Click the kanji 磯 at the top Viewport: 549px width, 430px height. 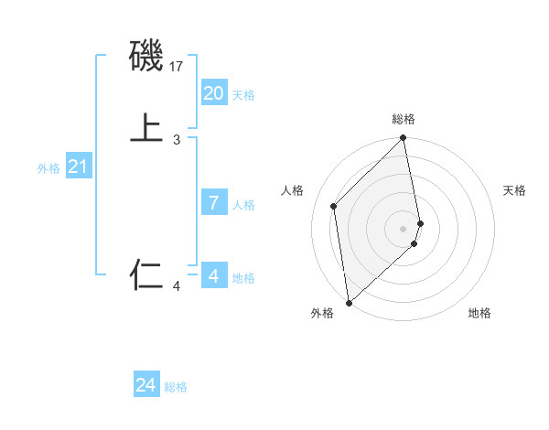[x=146, y=57]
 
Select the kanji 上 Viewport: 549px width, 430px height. [x=146, y=129]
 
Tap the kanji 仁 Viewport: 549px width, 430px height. [x=146, y=274]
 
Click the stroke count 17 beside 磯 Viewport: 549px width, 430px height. [x=178, y=67]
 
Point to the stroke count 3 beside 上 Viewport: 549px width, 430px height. [x=177, y=139]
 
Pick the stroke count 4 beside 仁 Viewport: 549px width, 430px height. [x=177, y=287]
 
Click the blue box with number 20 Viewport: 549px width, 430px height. [x=213, y=92]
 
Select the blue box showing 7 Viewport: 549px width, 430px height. [x=213, y=203]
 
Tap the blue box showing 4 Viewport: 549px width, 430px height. [x=213, y=275]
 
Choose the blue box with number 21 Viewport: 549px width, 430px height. [x=78, y=167]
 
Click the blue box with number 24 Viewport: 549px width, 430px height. [x=145, y=385]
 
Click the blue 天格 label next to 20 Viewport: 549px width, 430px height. [x=243, y=95]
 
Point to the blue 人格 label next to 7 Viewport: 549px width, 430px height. [x=243, y=205]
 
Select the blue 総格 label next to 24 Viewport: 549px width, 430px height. [x=176, y=387]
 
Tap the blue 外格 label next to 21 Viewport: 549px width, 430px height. [x=48, y=168]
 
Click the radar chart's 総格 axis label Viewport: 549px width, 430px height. [x=404, y=119]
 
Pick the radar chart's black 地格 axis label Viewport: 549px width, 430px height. [x=479, y=314]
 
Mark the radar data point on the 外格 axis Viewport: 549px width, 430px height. [x=348, y=302]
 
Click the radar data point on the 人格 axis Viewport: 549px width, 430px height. [x=334, y=206]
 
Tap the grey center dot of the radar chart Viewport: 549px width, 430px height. [x=404, y=227]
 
